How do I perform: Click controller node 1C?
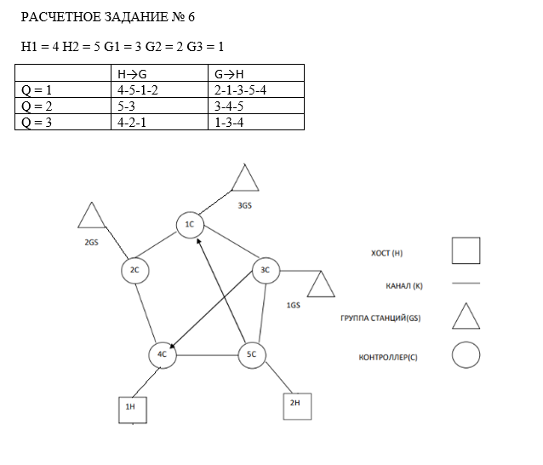[190, 225]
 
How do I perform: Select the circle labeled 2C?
[134, 270]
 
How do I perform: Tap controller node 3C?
[265, 270]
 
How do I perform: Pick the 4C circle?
[161, 354]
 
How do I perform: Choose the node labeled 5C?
[251, 354]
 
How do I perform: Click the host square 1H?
[131, 408]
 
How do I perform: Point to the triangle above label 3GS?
[245, 178]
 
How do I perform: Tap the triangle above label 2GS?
[90, 216]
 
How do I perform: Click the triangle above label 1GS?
[321, 284]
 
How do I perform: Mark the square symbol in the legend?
[465, 251]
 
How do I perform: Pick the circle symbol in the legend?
[465, 354]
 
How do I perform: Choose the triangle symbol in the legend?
[465, 316]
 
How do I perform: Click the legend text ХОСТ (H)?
[386, 253]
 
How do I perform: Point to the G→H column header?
[229, 73]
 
